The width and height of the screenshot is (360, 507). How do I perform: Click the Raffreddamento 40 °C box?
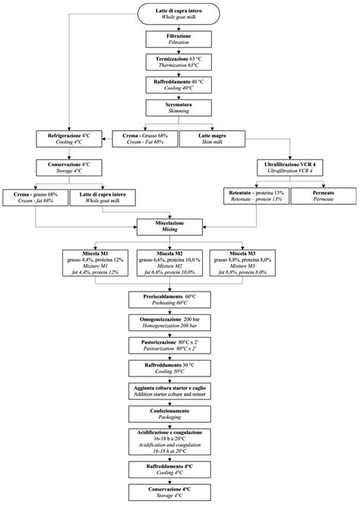(179, 85)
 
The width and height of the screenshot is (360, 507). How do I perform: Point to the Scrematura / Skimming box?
(179, 109)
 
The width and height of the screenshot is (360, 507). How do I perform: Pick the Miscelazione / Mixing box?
(179, 225)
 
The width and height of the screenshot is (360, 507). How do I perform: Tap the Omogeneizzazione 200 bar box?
(179, 322)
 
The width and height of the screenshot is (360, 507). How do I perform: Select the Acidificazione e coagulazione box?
(179, 443)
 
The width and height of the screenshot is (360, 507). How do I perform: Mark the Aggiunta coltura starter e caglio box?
(179, 391)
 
